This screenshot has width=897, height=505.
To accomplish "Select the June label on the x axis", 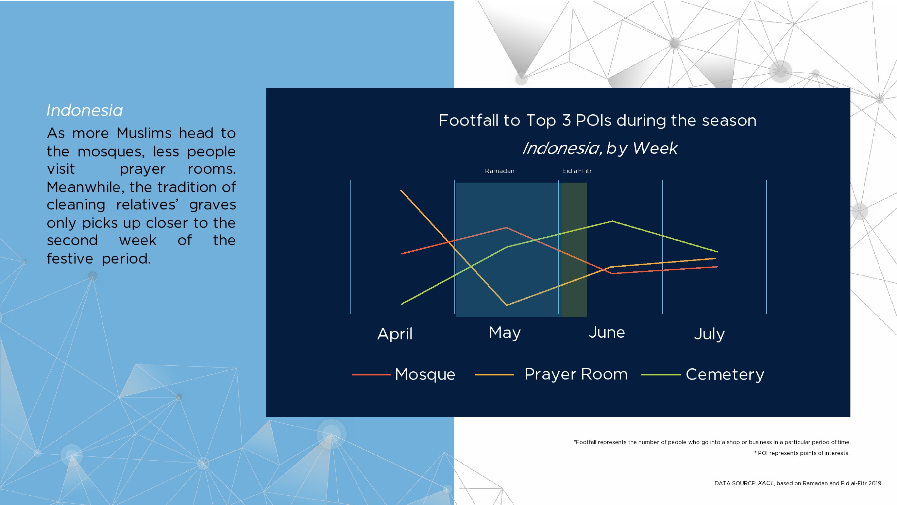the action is click(x=607, y=332).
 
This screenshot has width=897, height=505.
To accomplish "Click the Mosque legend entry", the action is click(x=404, y=374).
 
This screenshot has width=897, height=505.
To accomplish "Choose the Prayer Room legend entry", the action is click(x=551, y=374).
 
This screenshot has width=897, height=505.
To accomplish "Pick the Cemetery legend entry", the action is click(x=703, y=374).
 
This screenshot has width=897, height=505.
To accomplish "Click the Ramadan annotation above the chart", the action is click(x=500, y=171).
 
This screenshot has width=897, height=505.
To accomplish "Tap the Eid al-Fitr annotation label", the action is click(x=577, y=171).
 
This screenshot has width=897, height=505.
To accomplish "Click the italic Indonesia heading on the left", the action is click(x=85, y=111).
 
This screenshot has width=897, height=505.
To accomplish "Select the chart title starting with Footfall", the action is click(x=597, y=120).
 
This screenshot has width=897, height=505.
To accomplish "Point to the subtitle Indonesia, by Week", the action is click(x=599, y=148).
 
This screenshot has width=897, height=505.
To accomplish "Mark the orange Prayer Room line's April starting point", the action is click(x=401, y=190).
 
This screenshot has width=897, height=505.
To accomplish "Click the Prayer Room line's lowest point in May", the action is click(x=507, y=305).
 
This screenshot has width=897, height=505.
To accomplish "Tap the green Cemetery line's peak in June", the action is click(x=612, y=221).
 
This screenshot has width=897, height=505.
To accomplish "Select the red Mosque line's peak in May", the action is click(x=506, y=228).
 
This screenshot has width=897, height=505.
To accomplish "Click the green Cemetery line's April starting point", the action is click(x=402, y=304).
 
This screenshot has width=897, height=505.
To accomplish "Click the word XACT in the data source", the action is click(x=766, y=483).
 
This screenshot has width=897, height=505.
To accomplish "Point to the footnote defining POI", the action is click(x=802, y=453).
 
